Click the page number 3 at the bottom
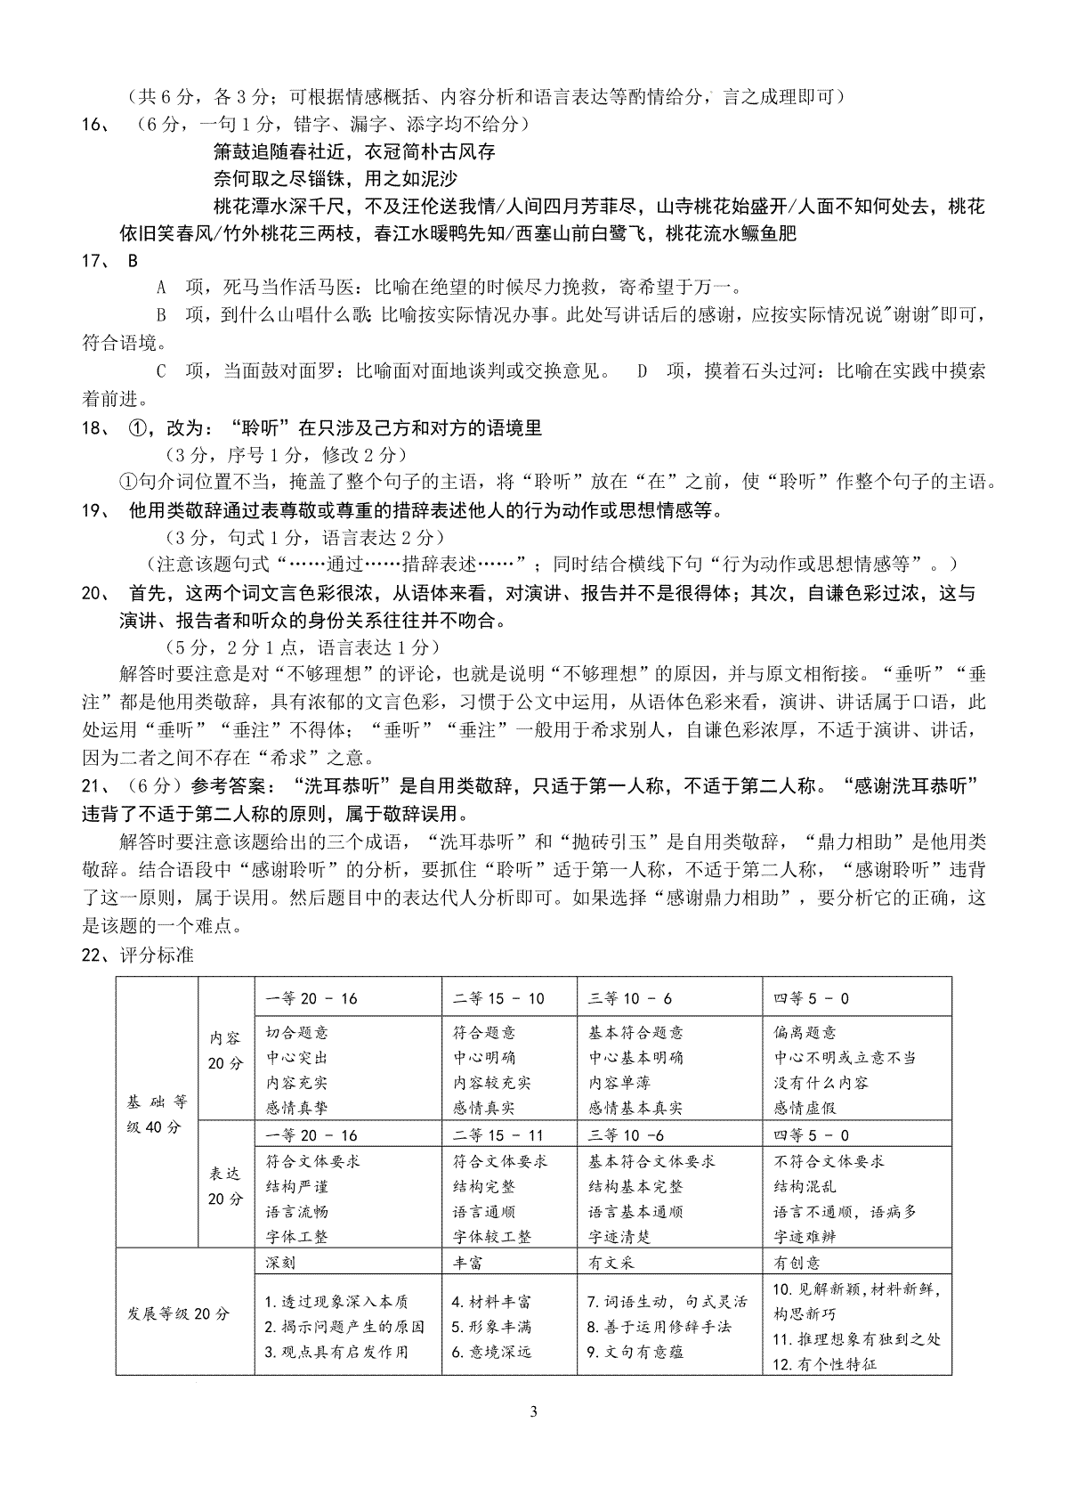[x=533, y=1411]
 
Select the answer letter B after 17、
[x=133, y=261]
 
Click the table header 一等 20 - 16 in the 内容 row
[x=311, y=998]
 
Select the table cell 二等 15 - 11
[x=498, y=1135]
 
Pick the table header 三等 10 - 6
[x=630, y=998]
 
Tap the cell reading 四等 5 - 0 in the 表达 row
[x=811, y=1135]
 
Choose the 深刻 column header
[x=280, y=1263]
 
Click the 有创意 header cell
[x=797, y=1263]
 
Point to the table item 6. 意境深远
[x=491, y=1352]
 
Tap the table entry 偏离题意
[x=805, y=1033]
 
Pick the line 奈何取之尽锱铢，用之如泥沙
[x=336, y=178]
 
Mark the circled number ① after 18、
[x=137, y=427]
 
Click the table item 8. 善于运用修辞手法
[x=659, y=1327]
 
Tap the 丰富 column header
[x=469, y=1263]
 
